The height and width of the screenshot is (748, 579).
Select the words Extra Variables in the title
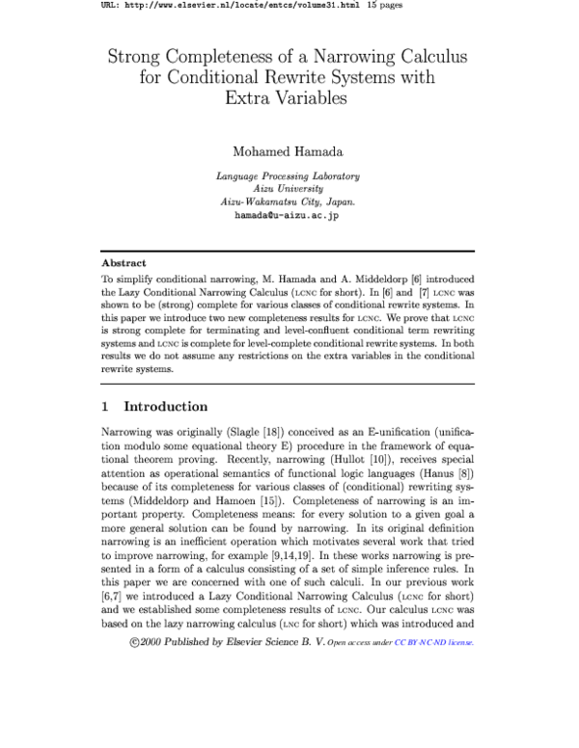289,97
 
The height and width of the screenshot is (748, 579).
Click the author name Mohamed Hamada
289,150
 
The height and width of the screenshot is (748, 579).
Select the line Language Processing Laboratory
289,176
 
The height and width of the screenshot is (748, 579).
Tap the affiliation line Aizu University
289,189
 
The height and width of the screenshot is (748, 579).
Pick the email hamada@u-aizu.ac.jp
289,216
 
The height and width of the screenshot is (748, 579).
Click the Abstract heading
124,262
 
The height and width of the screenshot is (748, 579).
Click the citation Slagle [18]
255,434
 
